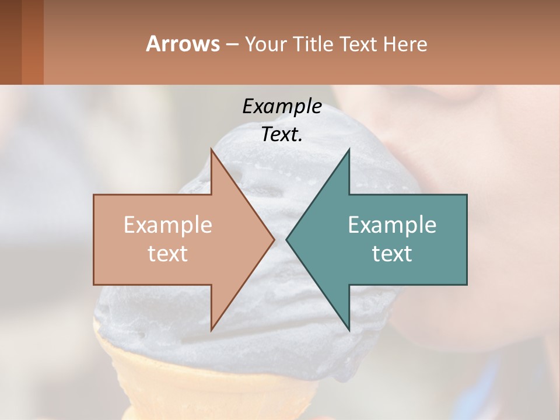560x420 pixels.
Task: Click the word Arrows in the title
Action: tap(183, 44)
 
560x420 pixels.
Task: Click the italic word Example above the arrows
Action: tap(282, 106)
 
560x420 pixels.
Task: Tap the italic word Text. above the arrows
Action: tap(282, 134)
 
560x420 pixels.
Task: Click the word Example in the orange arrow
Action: tap(167, 225)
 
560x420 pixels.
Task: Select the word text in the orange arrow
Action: tap(167, 253)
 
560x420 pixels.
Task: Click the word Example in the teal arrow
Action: tap(392, 225)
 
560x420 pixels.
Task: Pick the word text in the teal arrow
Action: tap(392, 253)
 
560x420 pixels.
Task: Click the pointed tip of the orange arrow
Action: tap(274, 239)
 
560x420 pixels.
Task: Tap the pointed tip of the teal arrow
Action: tap(287, 239)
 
